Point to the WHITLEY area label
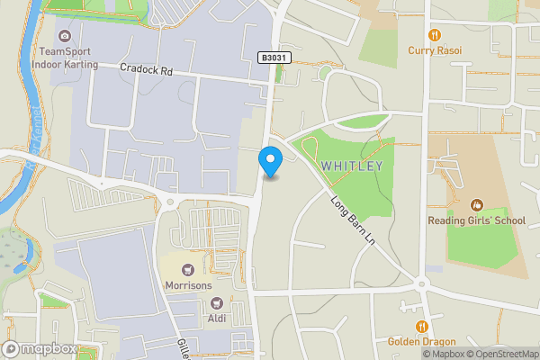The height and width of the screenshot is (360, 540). tap(352, 166)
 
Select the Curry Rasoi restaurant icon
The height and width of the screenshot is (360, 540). tap(435, 35)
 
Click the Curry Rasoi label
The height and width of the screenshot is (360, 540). tap(435, 50)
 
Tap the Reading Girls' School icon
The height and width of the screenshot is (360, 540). tap(477, 206)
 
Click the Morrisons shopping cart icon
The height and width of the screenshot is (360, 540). tap(188, 270)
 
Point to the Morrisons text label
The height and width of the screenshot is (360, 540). tap(188, 285)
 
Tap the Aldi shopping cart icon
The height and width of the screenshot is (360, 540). tap(215, 302)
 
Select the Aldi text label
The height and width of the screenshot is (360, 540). tap(216, 318)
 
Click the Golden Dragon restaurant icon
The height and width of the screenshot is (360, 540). tap(421, 327)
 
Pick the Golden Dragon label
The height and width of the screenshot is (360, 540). tap(421, 342)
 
